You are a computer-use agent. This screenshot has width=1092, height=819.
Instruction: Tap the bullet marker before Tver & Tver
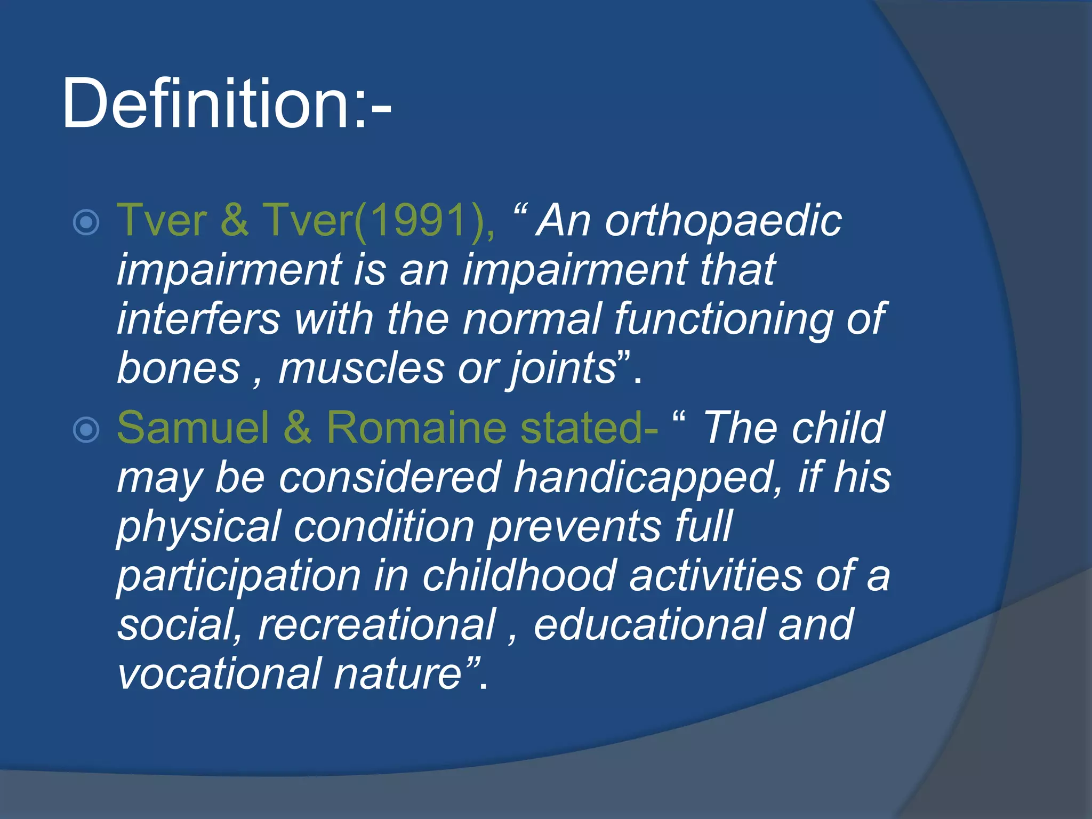(x=86, y=222)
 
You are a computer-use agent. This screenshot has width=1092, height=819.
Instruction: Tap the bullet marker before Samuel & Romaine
(x=86, y=430)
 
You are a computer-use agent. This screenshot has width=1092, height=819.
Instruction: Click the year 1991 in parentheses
(x=421, y=220)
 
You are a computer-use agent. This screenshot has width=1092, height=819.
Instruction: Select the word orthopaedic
(x=722, y=221)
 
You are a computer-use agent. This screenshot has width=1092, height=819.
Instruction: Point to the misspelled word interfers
(x=198, y=319)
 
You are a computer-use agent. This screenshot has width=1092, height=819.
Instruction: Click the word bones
(x=179, y=368)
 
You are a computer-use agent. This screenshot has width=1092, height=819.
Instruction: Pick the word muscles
(x=361, y=368)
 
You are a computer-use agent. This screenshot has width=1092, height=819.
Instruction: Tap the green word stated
(x=584, y=428)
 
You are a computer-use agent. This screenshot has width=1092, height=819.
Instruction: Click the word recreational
(x=376, y=625)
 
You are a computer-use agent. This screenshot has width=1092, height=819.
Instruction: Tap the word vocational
(x=219, y=674)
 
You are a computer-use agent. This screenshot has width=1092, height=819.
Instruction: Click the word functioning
(x=722, y=319)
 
